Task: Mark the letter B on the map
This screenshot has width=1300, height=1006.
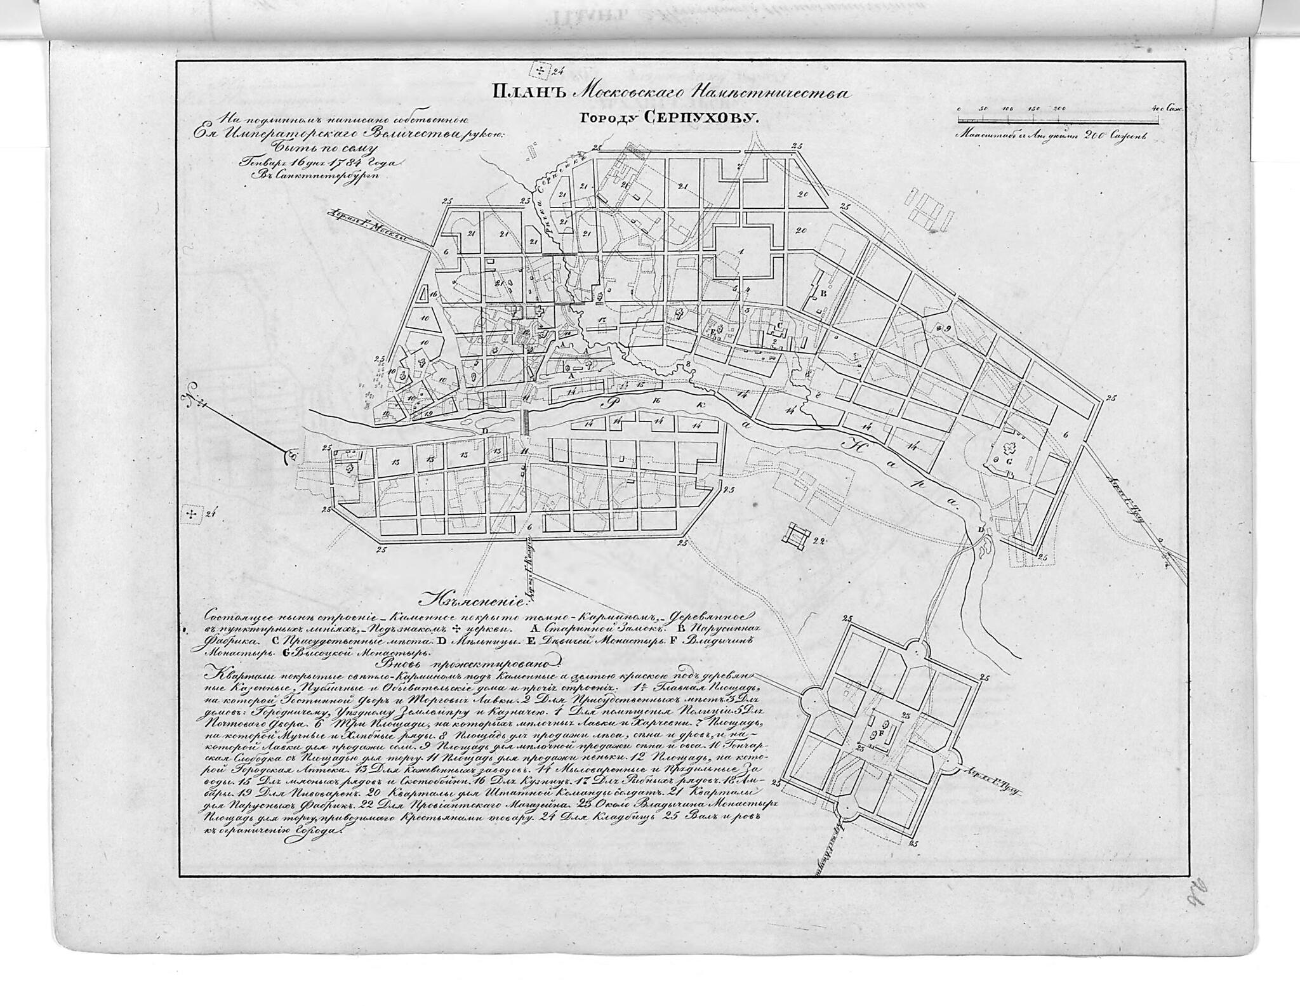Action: [823, 294]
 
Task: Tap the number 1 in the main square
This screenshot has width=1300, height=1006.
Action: [741, 252]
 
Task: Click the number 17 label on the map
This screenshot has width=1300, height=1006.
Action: [601, 317]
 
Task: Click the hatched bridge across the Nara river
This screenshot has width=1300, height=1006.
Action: [525, 422]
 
